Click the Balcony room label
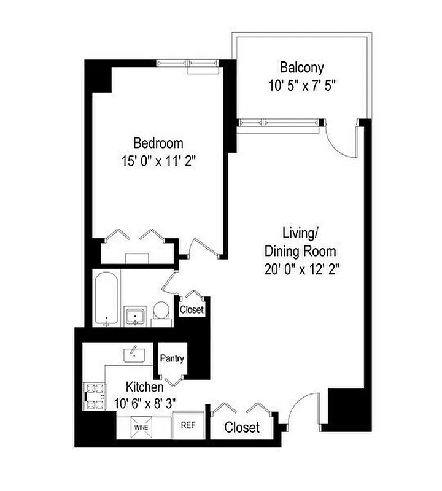click(x=301, y=67)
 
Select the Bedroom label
click(x=158, y=143)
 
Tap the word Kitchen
click(x=145, y=387)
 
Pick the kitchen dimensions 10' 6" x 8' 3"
click(x=145, y=403)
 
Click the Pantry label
click(x=173, y=358)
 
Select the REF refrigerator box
click(x=187, y=424)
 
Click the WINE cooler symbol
click(x=142, y=425)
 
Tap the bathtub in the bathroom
click(x=107, y=300)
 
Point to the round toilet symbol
click(x=161, y=311)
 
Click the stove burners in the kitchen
click(x=95, y=396)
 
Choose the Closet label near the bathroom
click(x=192, y=310)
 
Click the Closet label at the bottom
click(x=242, y=428)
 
